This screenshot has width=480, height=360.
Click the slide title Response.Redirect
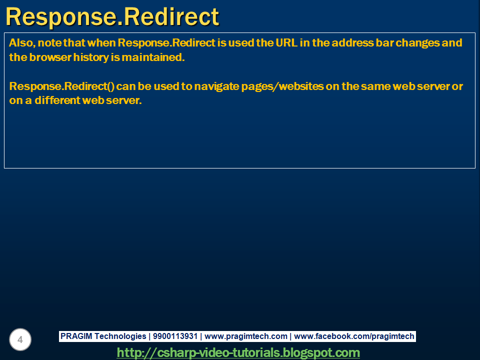coord(112,16)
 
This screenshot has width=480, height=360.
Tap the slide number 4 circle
coord(20,340)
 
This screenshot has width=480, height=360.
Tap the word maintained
coord(153,57)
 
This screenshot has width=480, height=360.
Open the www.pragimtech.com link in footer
coord(246,336)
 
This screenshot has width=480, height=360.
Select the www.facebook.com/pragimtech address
coord(354,336)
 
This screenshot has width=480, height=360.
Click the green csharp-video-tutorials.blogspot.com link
coord(238,353)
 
